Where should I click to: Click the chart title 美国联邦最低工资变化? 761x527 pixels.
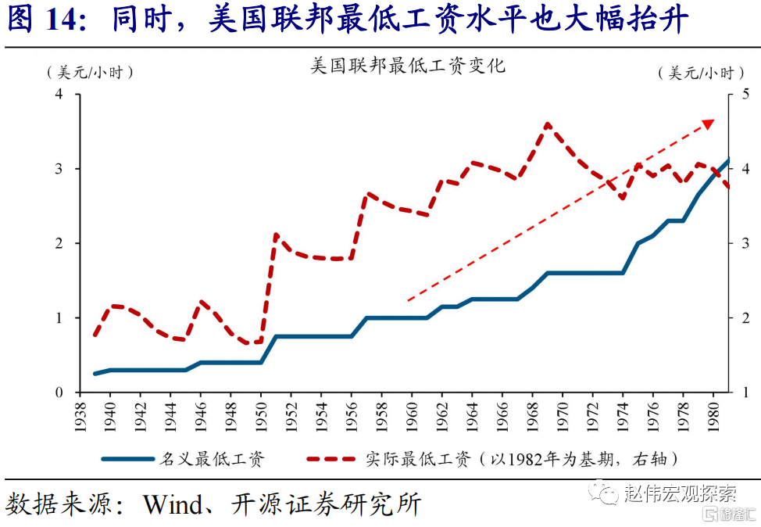click(x=408, y=66)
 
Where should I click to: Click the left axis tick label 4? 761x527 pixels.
click(x=58, y=95)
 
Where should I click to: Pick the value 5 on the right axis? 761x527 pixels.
click(x=745, y=95)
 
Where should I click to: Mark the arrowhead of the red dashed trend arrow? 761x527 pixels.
click(x=708, y=124)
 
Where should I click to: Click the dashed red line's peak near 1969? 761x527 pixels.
click(x=547, y=124)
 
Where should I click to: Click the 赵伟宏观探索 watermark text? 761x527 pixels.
click(x=679, y=493)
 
